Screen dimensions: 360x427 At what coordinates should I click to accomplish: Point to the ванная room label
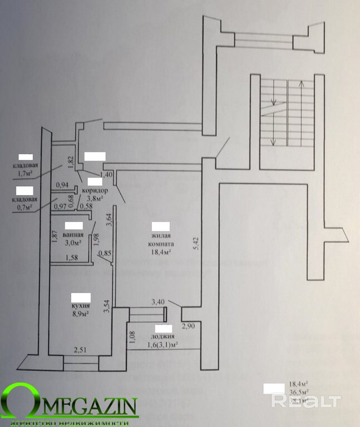pyautogui.click(x=73, y=235)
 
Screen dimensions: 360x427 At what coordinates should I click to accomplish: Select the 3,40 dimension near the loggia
pyautogui.click(x=159, y=302)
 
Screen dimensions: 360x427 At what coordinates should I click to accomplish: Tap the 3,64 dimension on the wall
pyautogui.click(x=110, y=221)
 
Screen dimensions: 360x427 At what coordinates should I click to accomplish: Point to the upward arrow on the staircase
pyautogui.click(x=301, y=85)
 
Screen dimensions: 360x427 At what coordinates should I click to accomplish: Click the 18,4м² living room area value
pyautogui.click(x=160, y=252)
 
